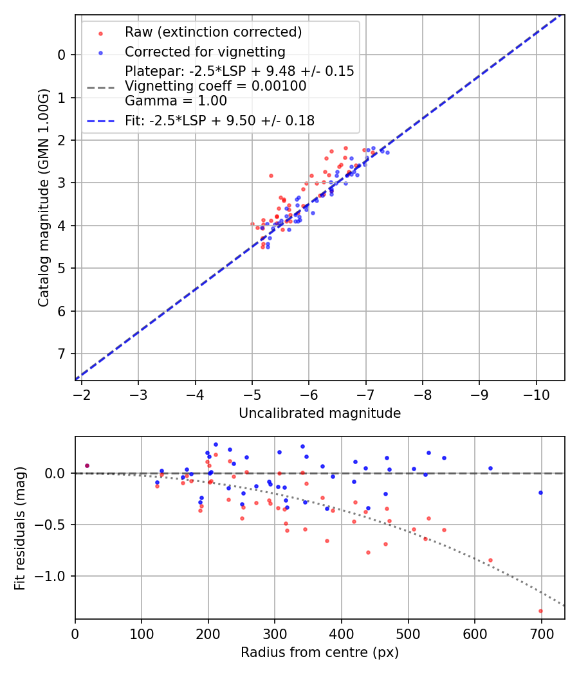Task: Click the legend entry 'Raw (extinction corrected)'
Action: pyautogui.click(x=213, y=32)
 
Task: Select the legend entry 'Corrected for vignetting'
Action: pyautogui.click(x=205, y=51)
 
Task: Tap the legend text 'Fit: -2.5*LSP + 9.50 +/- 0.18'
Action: pyautogui.click(x=219, y=120)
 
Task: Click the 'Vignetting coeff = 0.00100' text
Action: pyautogui.click(x=216, y=85)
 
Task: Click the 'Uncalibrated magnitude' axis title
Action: pyautogui.click(x=320, y=413)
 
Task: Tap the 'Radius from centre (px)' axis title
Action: pyautogui.click(x=320, y=652)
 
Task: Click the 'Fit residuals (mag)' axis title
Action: pyautogui.click(x=20, y=528)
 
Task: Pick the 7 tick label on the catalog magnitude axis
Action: pyautogui.click(x=61, y=354)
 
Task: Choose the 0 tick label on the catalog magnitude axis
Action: pyautogui.click(x=61, y=55)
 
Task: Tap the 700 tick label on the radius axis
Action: pyautogui.click(x=542, y=634)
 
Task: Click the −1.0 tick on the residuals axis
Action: pyautogui.click(x=54, y=576)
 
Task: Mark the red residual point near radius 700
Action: pyautogui.click(x=540, y=611)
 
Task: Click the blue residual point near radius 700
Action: pyautogui.click(x=540, y=492)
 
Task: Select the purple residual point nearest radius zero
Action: pyautogui.click(x=87, y=465)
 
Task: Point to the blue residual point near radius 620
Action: pyautogui.click(x=490, y=468)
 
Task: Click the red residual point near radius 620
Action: pyautogui.click(x=490, y=560)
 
